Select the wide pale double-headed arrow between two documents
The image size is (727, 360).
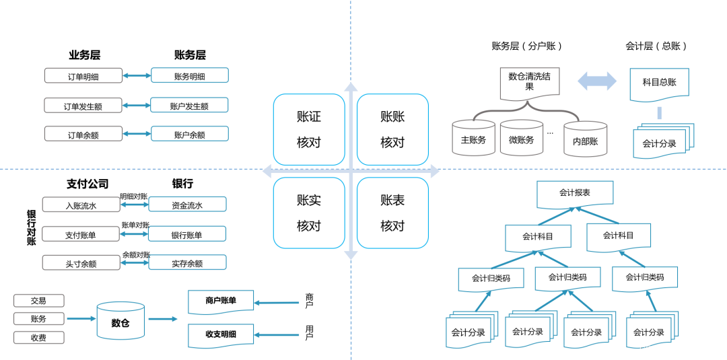(597, 81)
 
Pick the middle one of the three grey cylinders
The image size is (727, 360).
(522, 137)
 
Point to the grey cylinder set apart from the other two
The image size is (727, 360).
(586, 139)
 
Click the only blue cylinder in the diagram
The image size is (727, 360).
(121, 320)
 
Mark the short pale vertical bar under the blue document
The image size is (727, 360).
(659, 112)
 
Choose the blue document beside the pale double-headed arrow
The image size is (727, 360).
(659, 84)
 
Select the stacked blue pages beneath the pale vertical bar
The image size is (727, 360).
(663, 141)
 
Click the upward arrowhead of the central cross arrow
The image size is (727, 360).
(351, 87)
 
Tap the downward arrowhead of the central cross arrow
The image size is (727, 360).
(351, 254)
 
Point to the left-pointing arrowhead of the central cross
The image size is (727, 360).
(267, 171)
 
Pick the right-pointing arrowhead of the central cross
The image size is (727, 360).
(434, 171)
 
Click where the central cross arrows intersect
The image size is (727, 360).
(351, 171)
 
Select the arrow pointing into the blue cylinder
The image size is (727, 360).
(81, 319)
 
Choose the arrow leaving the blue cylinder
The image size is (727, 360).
(162, 319)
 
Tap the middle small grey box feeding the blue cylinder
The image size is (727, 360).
(39, 318)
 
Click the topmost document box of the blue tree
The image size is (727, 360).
(575, 194)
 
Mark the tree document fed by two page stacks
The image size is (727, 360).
(567, 279)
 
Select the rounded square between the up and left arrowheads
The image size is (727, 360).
(309, 129)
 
